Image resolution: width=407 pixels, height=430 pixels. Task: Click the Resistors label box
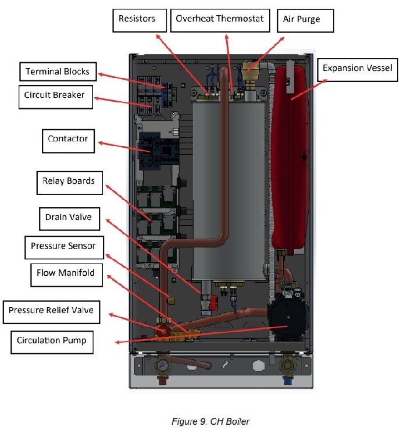[140, 20]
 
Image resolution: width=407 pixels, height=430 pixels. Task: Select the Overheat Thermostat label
[220, 20]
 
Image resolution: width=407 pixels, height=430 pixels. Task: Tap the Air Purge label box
[305, 21]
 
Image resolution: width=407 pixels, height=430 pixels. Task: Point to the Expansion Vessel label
[358, 70]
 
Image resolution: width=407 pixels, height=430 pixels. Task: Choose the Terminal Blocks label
[58, 72]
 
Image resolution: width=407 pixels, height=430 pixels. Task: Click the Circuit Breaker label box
[56, 97]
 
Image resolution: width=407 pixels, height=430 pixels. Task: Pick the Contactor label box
[68, 141]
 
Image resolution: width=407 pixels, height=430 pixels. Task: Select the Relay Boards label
[70, 183]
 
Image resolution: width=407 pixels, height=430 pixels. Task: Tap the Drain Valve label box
[69, 219]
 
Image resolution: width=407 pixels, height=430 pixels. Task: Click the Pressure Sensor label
[64, 247]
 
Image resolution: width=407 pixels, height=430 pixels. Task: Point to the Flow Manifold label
[67, 275]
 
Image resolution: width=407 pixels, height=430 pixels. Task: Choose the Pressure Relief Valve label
[51, 312]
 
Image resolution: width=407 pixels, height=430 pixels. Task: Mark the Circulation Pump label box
[52, 342]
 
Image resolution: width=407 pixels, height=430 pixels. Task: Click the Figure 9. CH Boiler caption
[210, 421]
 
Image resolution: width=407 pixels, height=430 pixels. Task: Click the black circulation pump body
[288, 318]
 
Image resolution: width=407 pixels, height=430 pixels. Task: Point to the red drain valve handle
[213, 303]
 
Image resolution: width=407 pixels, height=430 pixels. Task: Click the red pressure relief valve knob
[163, 332]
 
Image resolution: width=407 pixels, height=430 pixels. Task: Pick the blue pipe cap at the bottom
[288, 381]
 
